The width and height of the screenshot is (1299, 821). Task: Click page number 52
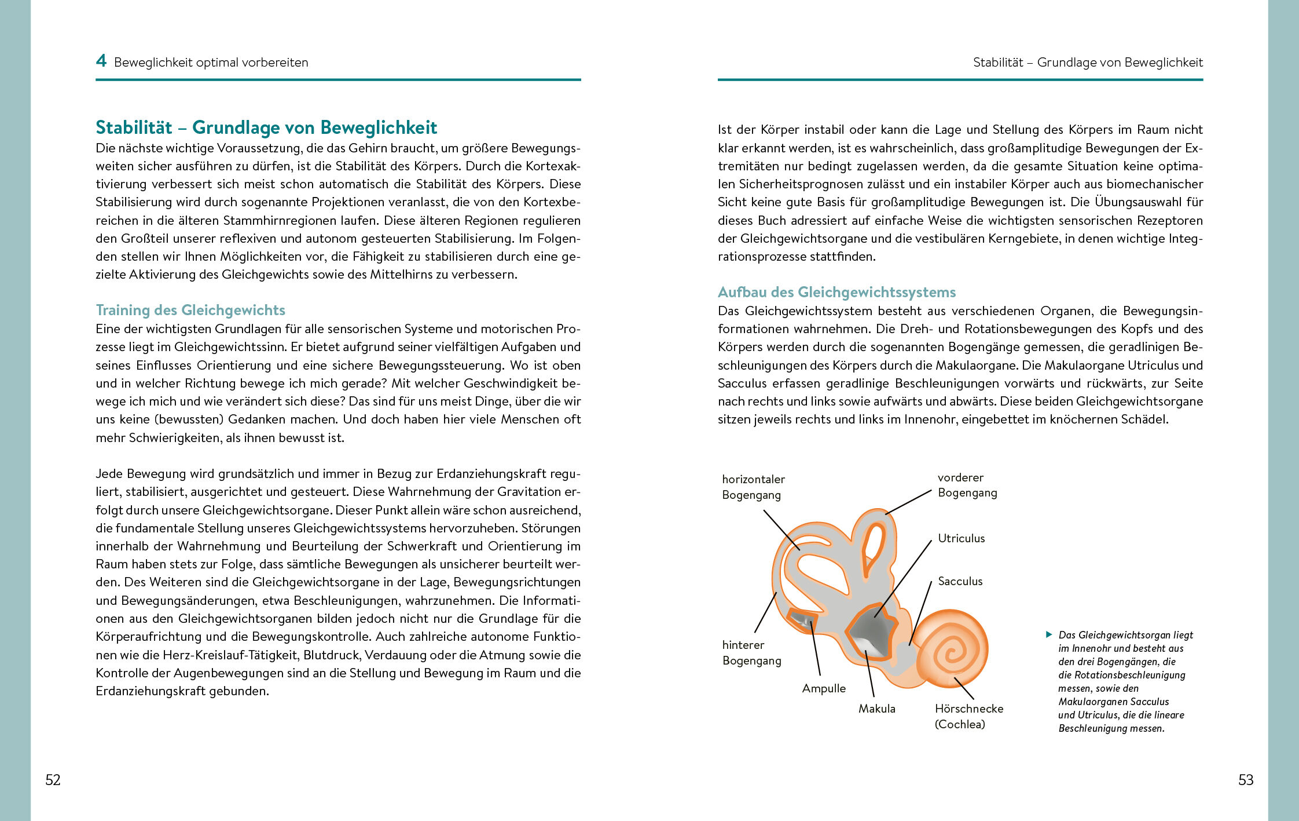coord(53,780)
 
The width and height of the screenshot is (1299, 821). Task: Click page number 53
coord(1246,780)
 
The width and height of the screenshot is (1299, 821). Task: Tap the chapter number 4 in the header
coord(101,61)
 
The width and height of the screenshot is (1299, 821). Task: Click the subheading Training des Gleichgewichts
coord(190,310)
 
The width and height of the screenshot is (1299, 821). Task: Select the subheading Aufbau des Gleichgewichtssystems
coord(836,292)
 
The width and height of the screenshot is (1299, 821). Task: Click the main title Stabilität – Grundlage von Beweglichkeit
coord(266,127)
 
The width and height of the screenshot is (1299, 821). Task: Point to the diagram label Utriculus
coord(961,538)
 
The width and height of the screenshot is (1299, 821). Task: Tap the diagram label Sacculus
coord(960,581)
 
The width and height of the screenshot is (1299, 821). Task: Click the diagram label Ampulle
coord(824,688)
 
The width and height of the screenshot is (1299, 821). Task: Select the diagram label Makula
coord(876,709)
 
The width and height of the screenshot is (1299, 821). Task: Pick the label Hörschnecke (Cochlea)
coord(968,716)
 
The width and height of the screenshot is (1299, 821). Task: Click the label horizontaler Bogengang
coord(753,487)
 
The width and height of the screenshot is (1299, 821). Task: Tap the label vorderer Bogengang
coord(967,485)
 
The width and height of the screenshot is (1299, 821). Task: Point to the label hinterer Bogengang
coord(751,652)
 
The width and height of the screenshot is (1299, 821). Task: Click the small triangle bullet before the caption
coord(1048,634)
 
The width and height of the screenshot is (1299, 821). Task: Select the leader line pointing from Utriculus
coord(903,577)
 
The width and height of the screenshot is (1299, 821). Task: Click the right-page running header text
coord(1088,63)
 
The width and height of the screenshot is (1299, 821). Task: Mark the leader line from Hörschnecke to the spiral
coord(964,688)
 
